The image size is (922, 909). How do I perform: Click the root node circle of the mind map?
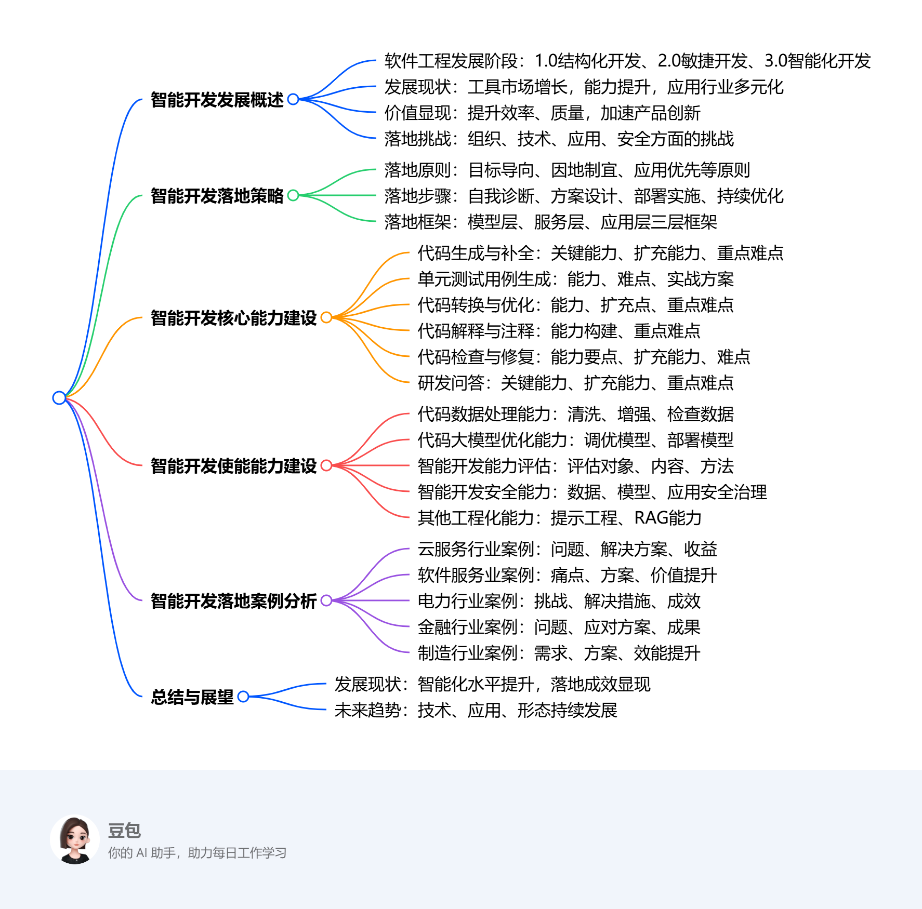(59, 398)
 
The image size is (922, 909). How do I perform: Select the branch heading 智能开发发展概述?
(217, 100)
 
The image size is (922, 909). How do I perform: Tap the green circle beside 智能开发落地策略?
(293, 195)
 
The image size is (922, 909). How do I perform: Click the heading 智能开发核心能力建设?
(233, 318)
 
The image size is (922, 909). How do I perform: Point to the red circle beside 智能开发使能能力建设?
(326, 465)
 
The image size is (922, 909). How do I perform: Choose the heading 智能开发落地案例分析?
(233, 601)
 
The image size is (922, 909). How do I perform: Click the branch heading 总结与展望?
(192, 697)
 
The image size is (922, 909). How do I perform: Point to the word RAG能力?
(668, 518)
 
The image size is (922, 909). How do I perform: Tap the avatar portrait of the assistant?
(75, 839)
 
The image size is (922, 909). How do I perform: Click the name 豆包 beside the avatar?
(124, 831)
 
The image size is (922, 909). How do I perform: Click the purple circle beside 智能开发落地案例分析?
(326, 600)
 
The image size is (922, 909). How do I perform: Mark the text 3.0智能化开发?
(817, 61)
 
